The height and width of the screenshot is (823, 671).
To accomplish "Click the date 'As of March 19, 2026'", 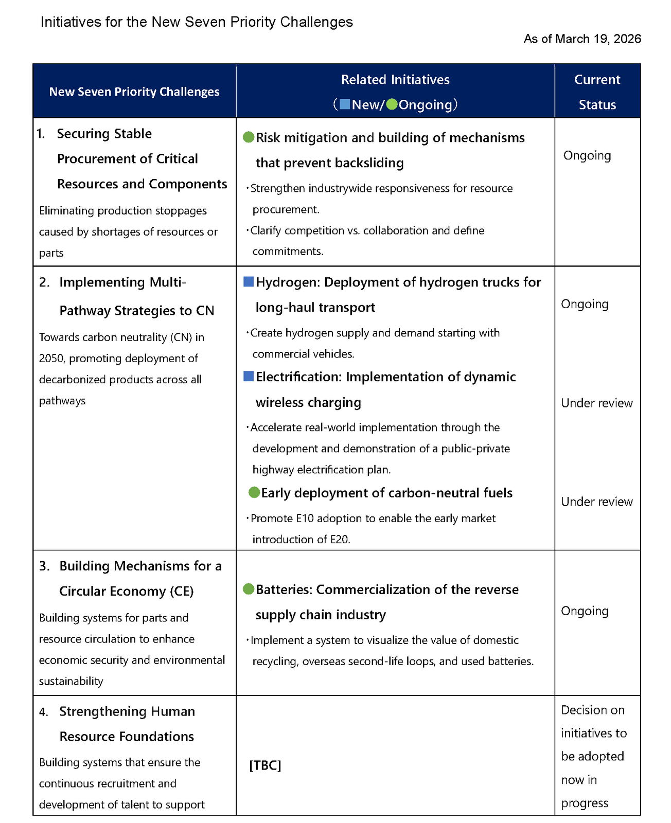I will point(582,39).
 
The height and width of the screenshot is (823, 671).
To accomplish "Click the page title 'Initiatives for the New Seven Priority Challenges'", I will point(197,22).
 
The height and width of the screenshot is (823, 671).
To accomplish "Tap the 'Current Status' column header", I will point(597,92).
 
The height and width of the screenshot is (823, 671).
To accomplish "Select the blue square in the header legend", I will point(345,104).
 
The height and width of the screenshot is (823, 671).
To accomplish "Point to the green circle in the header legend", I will point(392,104).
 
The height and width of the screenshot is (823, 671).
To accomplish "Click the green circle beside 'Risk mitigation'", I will point(249,137).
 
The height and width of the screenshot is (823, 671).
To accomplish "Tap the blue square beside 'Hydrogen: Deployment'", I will point(249,282).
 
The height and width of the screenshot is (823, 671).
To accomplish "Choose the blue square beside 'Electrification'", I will point(249,377).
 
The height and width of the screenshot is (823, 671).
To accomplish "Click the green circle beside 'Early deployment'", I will point(254,492).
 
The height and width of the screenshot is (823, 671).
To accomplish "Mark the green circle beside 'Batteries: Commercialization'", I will point(249,589).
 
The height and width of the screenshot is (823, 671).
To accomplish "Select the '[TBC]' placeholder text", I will point(265,765).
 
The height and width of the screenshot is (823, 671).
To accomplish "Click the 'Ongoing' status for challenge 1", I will point(587,155).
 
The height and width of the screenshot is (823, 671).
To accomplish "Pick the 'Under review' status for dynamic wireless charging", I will point(597,403).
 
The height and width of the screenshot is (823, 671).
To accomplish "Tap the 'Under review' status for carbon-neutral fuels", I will point(597,502).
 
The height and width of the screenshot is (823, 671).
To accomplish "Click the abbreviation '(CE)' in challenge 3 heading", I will point(182,591).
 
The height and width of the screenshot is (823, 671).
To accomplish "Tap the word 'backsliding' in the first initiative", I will point(371,163).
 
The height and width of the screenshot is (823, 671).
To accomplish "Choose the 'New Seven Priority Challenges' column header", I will point(134,92).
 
